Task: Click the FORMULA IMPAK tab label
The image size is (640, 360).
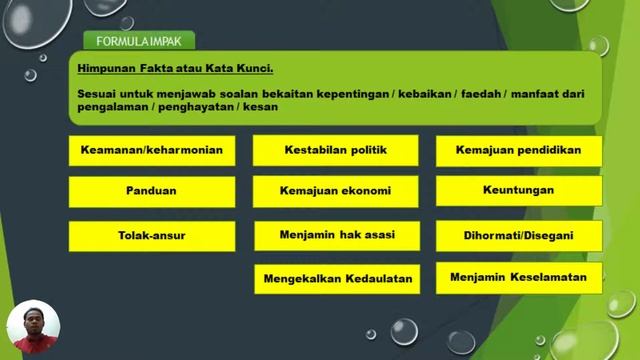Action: (138, 41)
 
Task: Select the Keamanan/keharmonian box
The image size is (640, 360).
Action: (152, 151)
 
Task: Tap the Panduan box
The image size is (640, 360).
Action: (152, 190)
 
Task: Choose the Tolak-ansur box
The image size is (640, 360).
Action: (152, 236)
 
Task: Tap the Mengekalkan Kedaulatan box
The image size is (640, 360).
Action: (337, 279)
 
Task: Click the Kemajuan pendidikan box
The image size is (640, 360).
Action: (518, 150)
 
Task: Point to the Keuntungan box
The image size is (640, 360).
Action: (518, 189)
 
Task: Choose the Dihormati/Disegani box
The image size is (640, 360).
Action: (518, 237)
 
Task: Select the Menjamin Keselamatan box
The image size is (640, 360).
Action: (518, 277)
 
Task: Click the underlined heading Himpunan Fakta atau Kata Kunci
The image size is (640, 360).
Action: (175, 69)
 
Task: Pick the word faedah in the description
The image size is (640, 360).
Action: (480, 93)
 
